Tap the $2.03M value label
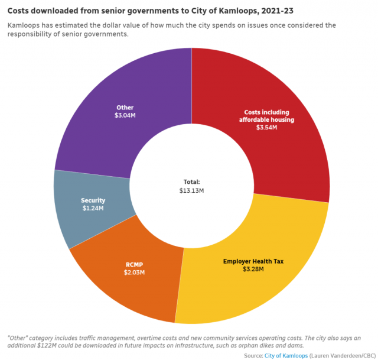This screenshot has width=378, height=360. tap(133, 273)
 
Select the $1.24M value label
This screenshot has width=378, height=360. tap(92, 208)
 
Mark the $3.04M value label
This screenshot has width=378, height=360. tap(125, 115)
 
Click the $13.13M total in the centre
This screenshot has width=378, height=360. tap(191, 190)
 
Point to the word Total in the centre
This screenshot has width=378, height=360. tap(191, 182)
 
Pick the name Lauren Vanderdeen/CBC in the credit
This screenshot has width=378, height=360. tap(343, 355)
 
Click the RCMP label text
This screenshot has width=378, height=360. tap(133, 264)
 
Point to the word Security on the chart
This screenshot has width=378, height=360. tap(92, 200)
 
